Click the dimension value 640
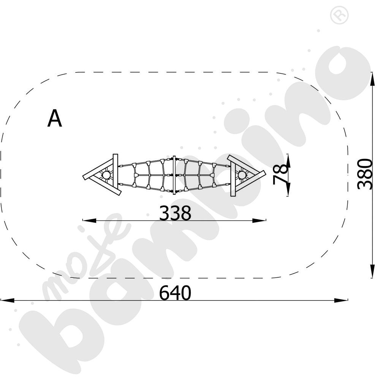click(x=175, y=293)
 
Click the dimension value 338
click(x=175, y=213)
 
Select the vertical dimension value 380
click(x=365, y=174)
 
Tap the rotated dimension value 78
click(x=281, y=174)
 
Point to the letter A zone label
click(x=55, y=118)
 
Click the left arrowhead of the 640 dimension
click(x=7, y=300)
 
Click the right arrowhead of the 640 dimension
click(x=341, y=300)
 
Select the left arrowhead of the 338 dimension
click(x=89, y=220)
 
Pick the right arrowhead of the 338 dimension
click(x=259, y=220)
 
